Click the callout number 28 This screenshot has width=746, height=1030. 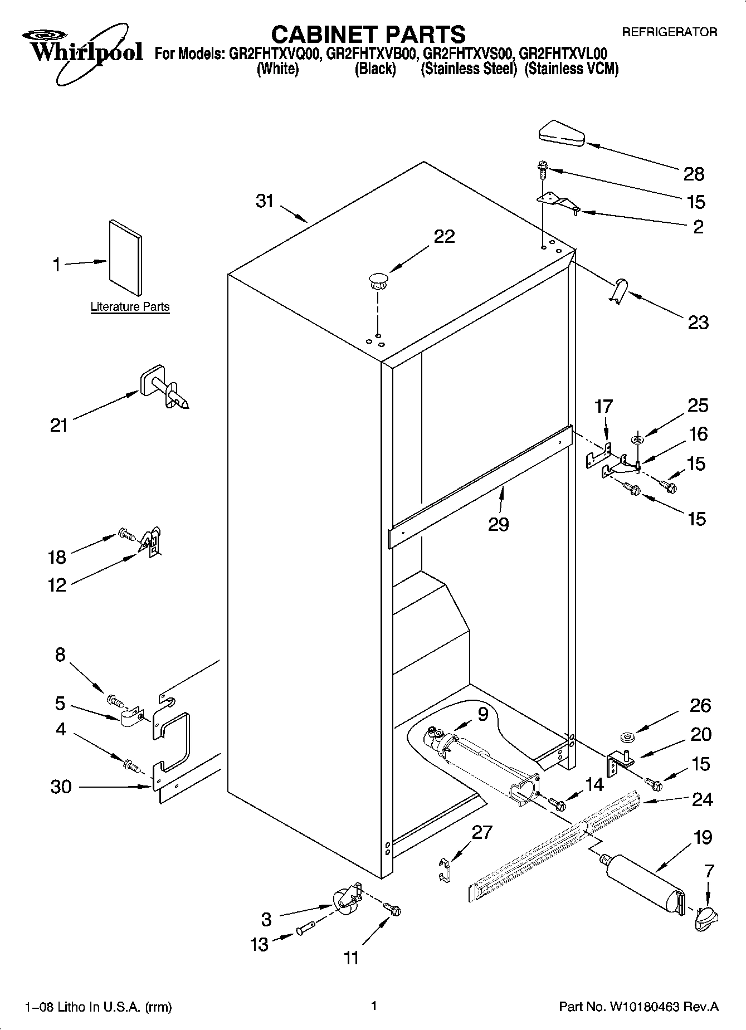pyautogui.click(x=694, y=174)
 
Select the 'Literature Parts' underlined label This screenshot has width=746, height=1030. pyautogui.click(x=130, y=307)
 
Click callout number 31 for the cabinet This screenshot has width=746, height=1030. pyautogui.click(x=265, y=201)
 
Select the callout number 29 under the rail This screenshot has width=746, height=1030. pyautogui.click(x=498, y=524)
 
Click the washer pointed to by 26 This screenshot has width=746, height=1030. pyautogui.click(x=627, y=738)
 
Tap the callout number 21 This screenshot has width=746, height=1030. pyautogui.click(x=58, y=426)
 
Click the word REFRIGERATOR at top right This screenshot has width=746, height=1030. pyautogui.click(x=669, y=32)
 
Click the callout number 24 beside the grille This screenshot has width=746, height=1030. pyautogui.click(x=701, y=799)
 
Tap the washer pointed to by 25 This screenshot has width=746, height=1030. pyautogui.click(x=637, y=441)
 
